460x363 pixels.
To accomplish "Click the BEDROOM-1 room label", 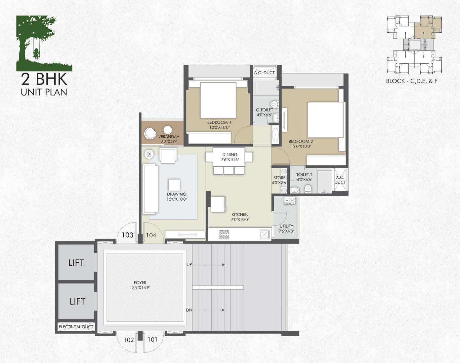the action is click(219, 122).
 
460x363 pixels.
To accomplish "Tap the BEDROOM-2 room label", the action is click(301, 141).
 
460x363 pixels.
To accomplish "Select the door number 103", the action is click(127, 235).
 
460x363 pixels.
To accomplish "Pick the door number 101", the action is click(152, 340).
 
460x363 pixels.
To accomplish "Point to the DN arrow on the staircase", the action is click(209, 310).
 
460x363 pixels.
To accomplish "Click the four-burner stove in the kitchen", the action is click(224, 234).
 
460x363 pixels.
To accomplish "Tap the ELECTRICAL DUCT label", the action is click(76, 327).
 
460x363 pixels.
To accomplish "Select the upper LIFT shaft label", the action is click(76, 263).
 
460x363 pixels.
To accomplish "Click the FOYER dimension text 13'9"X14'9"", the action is click(140, 287).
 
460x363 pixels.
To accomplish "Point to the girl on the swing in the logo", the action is click(36, 53).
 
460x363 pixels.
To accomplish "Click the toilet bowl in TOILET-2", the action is click(308, 189).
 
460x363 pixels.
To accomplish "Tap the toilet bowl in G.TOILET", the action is click(274, 105).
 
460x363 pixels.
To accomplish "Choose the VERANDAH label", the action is click(169, 137).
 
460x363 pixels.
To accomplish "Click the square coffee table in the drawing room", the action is click(174, 185).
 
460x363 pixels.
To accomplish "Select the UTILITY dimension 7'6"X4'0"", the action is click(286, 231).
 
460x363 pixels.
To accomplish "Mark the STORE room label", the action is click(279, 178).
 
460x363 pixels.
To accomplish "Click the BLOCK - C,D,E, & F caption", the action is click(412, 81).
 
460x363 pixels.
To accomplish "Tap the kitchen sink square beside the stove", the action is click(265, 234).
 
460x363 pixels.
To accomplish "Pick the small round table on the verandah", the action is click(168, 130).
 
